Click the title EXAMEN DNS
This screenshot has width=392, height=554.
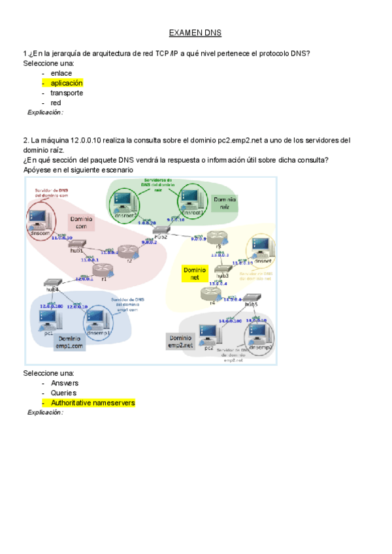(x=195, y=32)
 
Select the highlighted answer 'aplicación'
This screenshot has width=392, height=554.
(x=66, y=83)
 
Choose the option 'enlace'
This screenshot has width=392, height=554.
(x=61, y=73)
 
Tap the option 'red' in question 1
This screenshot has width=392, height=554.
(x=56, y=103)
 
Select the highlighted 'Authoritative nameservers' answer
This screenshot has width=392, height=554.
(x=92, y=403)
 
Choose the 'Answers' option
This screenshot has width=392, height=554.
(x=64, y=383)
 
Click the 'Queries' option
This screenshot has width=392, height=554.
(x=63, y=393)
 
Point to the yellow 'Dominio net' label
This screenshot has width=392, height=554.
(x=195, y=274)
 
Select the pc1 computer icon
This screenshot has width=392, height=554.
(x=46, y=319)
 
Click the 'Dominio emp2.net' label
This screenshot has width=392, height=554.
(x=180, y=341)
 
